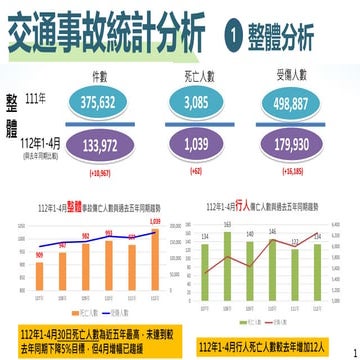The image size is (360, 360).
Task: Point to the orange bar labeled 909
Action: (x=38, y=274)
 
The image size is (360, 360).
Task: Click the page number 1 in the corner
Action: (x=352, y=351)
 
